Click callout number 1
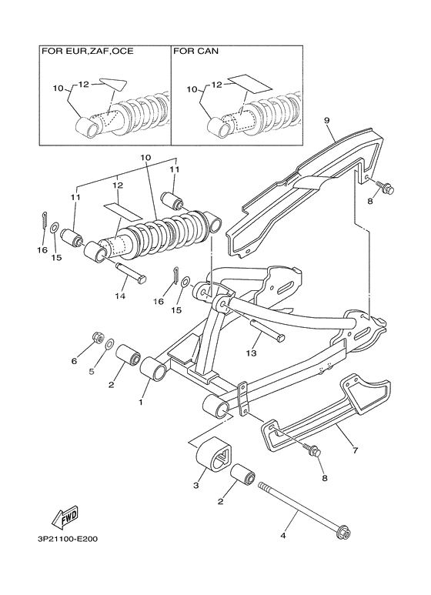(141, 401)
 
